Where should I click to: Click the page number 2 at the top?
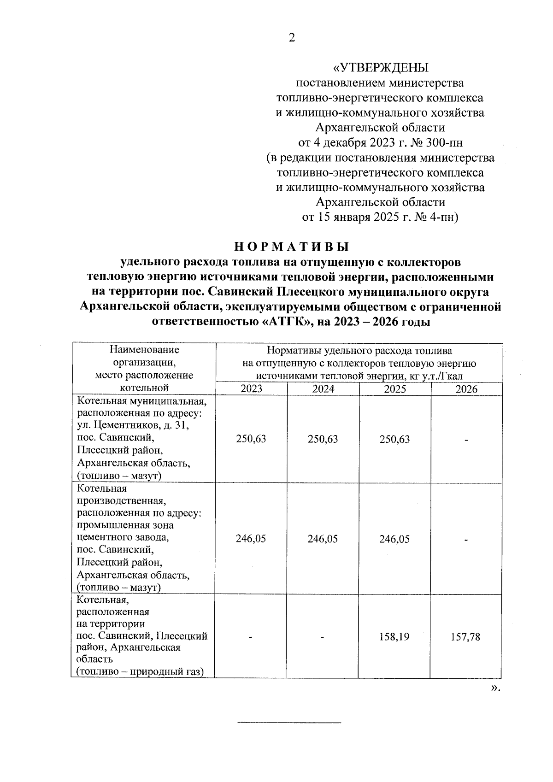(291, 38)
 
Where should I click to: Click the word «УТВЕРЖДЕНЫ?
(380, 68)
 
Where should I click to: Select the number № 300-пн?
(441, 142)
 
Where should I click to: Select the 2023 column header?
(251, 389)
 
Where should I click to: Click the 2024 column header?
(323, 389)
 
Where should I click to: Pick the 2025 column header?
(395, 389)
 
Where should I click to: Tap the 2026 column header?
(466, 389)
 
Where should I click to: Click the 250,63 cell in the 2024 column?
(323, 439)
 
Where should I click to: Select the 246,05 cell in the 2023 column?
(251, 539)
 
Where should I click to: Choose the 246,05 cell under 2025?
(394, 539)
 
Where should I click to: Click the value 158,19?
(394, 637)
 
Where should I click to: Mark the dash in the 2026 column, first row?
(466, 440)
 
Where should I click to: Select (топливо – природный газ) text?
(140, 672)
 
